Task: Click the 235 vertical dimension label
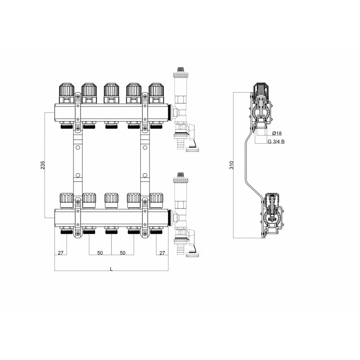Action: coord(43,165)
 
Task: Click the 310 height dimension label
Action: coord(231,165)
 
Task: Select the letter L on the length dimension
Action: coord(111,269)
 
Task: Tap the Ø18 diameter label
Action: coord(277,133)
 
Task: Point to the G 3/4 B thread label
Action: coord(276,141)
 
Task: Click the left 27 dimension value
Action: coord(60,253)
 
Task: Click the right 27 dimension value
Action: coord(162,253)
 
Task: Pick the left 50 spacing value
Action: coord(100,253)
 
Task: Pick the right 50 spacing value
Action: coord(122,253)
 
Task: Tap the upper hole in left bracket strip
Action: coord(78,148)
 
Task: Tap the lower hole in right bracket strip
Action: coord(145,175)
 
